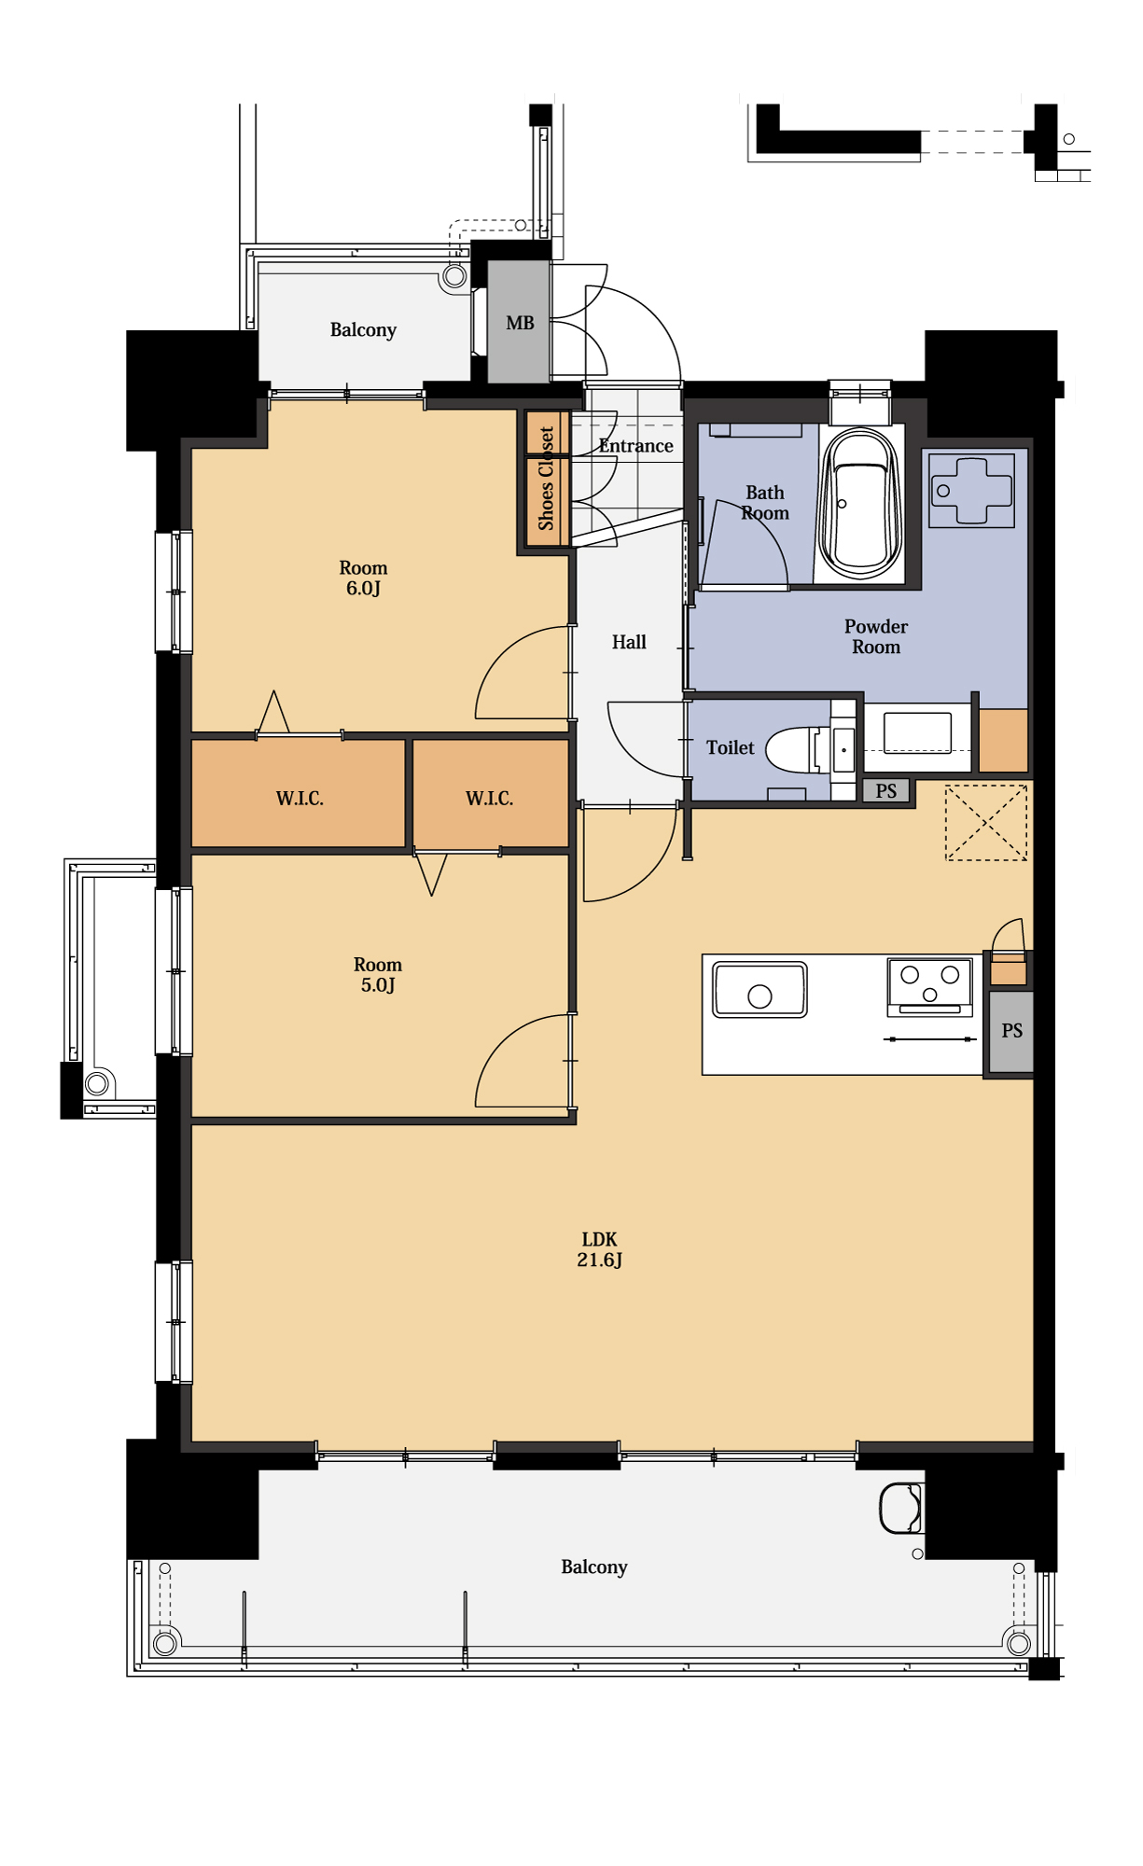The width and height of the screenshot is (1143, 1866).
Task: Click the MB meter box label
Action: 520,323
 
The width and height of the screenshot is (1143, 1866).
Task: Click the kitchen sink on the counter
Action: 760,989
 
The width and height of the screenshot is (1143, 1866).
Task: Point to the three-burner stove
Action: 929,986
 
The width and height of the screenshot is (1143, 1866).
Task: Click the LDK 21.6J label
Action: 599,1249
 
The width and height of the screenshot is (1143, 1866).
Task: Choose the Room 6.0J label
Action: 363,578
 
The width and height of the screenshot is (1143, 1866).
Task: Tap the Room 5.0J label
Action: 378,974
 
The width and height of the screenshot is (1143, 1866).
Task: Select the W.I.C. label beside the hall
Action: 489,798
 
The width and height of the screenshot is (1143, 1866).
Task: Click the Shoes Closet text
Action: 546,478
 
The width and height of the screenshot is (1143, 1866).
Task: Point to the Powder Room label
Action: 876,636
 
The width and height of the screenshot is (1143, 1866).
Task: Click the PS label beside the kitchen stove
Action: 1011,1031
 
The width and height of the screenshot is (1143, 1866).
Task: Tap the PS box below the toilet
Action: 885,791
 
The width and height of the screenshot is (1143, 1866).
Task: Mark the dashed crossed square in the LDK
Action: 986,823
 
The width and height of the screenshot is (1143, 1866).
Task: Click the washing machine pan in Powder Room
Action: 971,491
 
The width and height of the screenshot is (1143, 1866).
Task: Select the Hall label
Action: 629,642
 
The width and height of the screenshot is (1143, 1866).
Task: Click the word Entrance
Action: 635,446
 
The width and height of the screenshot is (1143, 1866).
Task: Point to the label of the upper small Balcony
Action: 363,330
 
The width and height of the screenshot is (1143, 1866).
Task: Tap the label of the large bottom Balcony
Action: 594,1567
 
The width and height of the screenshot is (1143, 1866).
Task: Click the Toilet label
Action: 730,747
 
